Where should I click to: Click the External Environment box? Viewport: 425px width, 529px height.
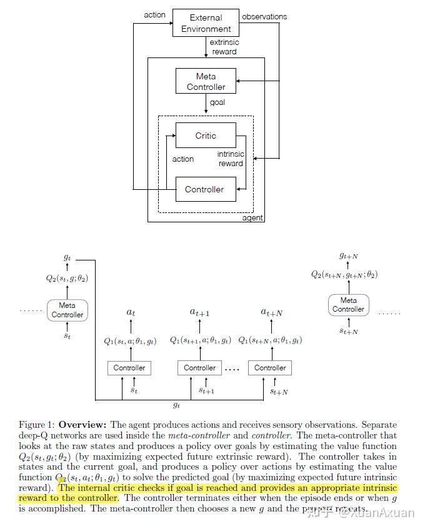(x=206, y=24)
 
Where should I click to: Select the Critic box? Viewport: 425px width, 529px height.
(x=206, y=136)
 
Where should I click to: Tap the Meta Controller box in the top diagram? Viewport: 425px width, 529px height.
(x=206, y=82)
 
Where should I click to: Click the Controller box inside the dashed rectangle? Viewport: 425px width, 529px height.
(x=204, y=189)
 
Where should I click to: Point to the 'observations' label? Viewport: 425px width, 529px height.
(x=264, y=16)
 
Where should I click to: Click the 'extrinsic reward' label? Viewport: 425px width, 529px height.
(x=224, y=47)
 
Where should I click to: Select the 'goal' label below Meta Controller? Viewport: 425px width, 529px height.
(x=217, y=102)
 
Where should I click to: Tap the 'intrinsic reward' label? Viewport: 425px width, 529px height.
(x=231, y=159)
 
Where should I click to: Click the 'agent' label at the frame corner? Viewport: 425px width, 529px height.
(x=252, y=218)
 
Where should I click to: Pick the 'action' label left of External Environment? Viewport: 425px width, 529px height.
(x=154, y=14)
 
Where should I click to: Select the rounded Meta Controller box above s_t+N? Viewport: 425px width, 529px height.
(x=348, y=305)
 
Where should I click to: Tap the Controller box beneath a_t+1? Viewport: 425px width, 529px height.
(x=199, y=368)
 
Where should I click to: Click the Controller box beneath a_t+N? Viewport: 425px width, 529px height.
(x=270, y=368)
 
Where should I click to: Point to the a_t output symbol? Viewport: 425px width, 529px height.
(x=130, y=312)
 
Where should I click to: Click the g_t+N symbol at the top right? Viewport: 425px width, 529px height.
(x=348, y=255)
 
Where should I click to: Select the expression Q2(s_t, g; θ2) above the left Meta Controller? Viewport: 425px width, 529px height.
(x=67, y=279)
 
